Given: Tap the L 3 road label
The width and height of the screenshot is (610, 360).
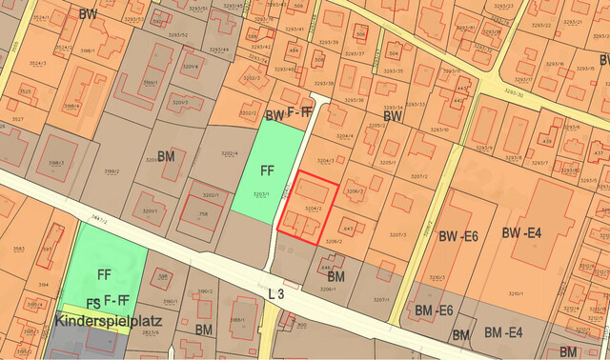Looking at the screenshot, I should coord(276,294).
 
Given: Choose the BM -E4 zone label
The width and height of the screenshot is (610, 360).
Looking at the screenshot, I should coord(501,332).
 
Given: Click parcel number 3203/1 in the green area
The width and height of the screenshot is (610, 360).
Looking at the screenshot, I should coord(261,193).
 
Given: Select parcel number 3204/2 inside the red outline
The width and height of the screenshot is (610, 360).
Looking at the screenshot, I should coord(312,207).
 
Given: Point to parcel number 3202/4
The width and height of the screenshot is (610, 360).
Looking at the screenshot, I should coord(229,152).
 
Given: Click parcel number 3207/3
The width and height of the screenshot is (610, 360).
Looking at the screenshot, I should coord(398,235).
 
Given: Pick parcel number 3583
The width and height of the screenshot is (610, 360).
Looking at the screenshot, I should coord(18,249).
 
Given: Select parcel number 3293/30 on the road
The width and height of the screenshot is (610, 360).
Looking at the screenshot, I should coord(515,93).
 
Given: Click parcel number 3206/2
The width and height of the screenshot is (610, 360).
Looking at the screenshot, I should coord(332,241).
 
